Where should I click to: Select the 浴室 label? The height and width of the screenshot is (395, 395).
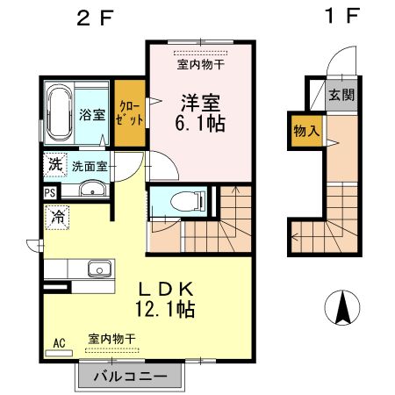[92, 114]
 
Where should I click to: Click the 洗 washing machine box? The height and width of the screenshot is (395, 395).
[54, 163]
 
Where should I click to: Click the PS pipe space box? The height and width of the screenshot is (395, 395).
[50, 191]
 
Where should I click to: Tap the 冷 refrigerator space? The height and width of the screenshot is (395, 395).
[57, 214]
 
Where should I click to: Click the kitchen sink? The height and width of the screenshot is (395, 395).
[97, 269]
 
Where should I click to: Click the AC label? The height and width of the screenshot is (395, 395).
[60, 343]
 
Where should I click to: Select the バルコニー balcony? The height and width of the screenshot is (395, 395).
[130, 376]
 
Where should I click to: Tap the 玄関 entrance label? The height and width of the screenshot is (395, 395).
[342, 96]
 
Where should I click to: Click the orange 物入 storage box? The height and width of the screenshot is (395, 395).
[305, 131]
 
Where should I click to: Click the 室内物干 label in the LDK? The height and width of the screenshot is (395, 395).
[111, 338]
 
